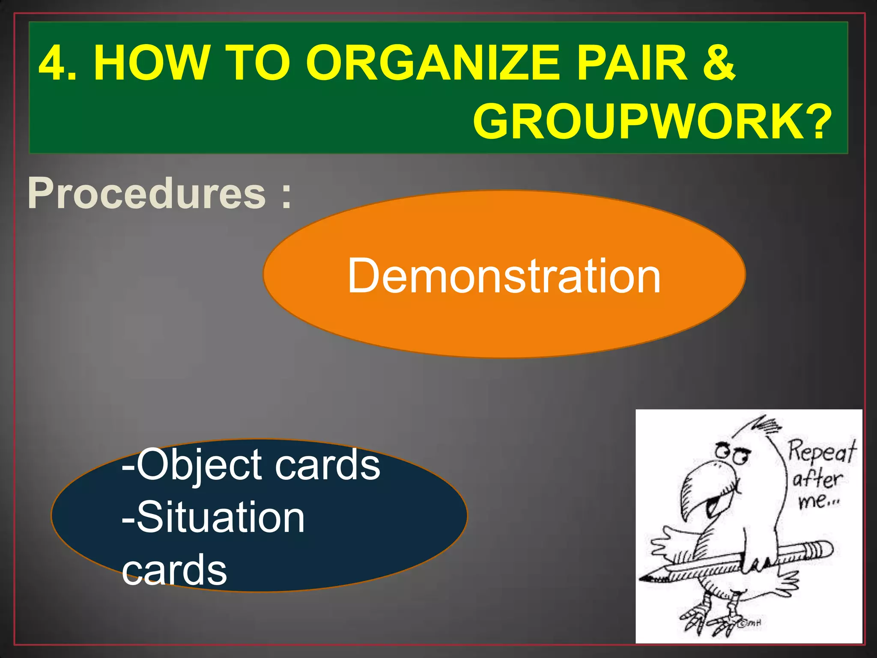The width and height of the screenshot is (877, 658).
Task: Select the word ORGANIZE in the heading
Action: coord(433,63)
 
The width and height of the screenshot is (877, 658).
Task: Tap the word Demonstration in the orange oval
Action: coord(504,276)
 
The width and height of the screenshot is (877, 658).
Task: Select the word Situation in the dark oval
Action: coord(220,518)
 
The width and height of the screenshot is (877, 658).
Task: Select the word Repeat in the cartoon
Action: coord(822,452)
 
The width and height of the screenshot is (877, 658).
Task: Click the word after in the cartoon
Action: coord(817,479)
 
